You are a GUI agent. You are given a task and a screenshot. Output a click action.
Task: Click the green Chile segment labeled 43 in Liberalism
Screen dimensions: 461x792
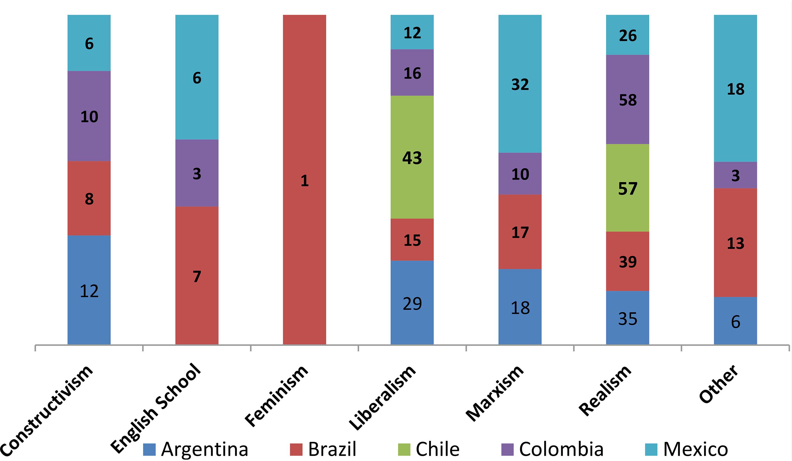(x=412, y=157)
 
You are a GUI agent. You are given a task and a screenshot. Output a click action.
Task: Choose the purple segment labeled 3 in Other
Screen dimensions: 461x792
(x=735, y=175)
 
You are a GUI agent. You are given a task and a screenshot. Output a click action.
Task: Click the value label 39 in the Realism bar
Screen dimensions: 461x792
(x=628, y=261)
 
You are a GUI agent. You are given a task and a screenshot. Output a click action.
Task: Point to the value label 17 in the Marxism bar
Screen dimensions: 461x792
(x=520, y=232)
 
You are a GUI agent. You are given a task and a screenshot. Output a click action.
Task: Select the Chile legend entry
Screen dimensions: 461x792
(x=428, y=449)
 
